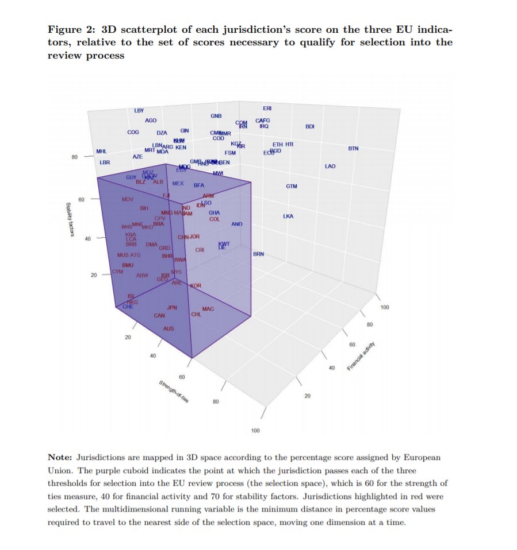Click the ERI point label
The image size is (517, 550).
267,109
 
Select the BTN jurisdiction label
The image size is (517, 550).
353,149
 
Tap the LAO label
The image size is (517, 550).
330,166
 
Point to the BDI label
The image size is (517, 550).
310,126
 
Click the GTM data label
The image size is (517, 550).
292,187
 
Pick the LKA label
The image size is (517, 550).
288,216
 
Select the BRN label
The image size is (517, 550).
258,254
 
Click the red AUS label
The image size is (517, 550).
168,328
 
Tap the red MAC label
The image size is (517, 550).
208,309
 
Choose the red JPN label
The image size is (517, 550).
172,308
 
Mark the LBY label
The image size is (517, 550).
139,110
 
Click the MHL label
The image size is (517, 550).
102,152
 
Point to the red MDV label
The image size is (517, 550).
128,199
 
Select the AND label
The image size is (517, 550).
237,224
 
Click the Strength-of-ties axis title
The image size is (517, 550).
174,392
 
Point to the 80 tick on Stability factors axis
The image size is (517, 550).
75,156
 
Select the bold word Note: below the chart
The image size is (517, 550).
60,458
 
